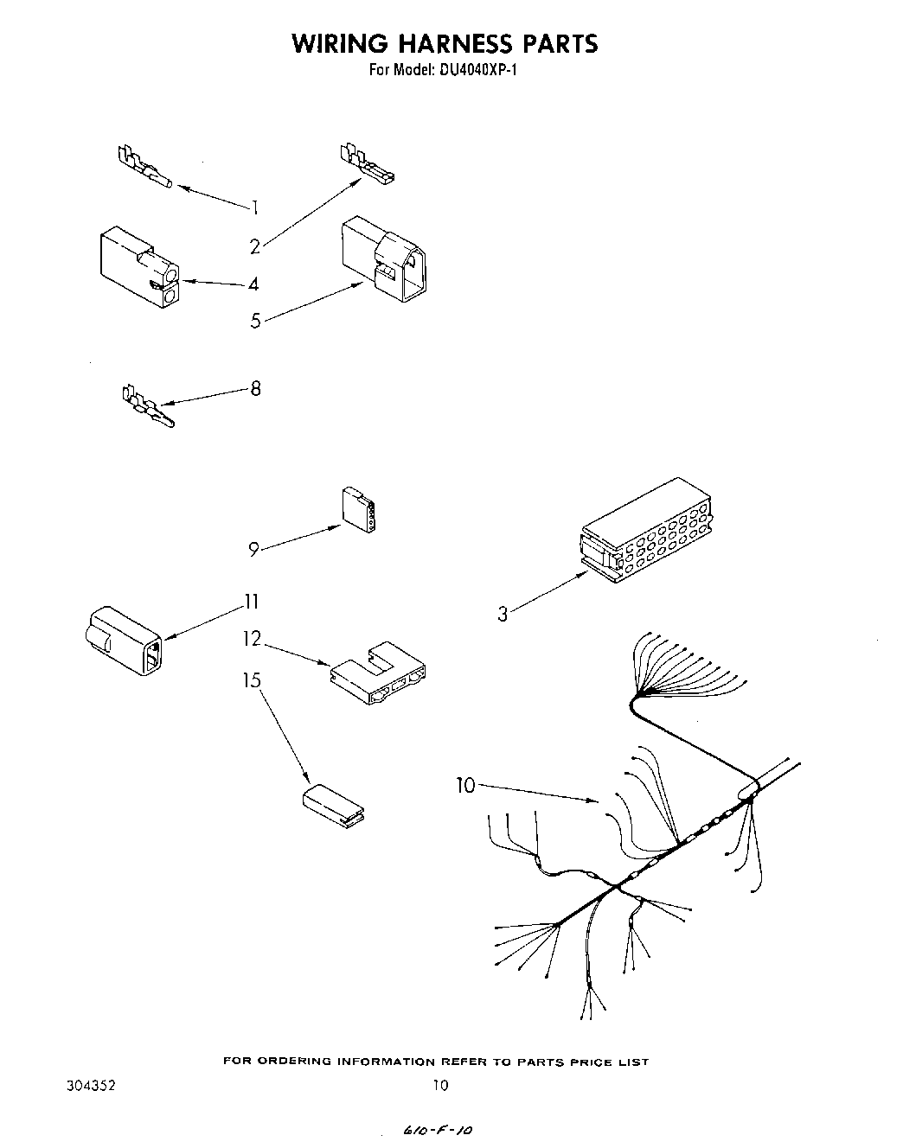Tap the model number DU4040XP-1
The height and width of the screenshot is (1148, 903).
(x=474, y=70)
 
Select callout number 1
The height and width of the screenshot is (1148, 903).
(x=255, y=207)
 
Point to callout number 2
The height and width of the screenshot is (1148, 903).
(x=255, y=247)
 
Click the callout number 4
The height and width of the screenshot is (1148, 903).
(x=253, y=284)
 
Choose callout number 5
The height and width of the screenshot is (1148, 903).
(x=255, y=322)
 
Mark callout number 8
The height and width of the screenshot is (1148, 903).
(x=255, y=388)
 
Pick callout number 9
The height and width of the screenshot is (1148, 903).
(x=254, y=549)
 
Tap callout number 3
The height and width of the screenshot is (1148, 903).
(x=503, y=615)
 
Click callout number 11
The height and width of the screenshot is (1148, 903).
(x=252, y=602)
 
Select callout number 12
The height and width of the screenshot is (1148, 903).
(x=252, y=639)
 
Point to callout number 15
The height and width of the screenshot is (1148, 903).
(x=252, y=681)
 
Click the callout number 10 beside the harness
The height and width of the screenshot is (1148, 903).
(x=466, y=786)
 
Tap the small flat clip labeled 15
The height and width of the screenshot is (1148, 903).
(x=333, y=807)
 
